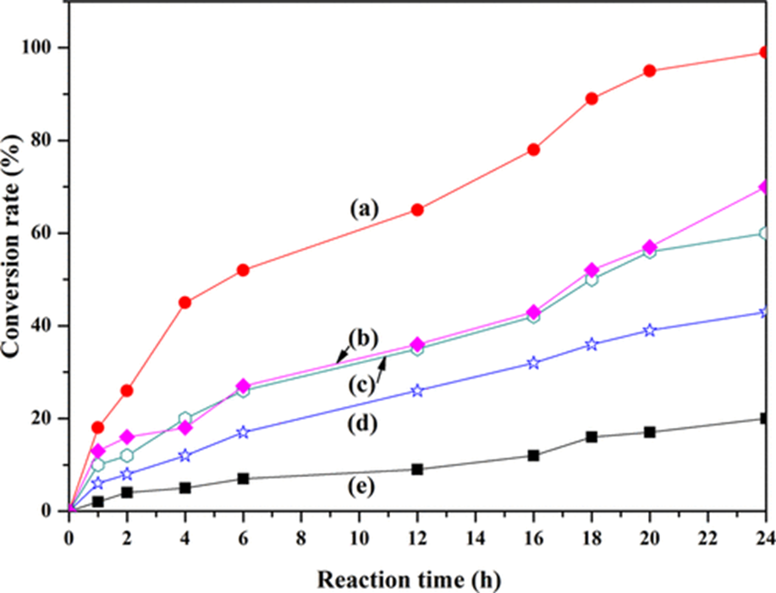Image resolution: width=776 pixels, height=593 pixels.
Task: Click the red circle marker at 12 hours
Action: coord(417,210)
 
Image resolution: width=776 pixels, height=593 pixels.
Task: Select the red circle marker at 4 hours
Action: coord(185,302)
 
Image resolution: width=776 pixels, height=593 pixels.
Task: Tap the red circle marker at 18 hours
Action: coord(592,98)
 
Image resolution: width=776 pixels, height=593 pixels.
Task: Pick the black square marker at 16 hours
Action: coord(533,455)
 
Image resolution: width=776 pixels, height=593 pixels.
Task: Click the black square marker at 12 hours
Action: coord(417,469)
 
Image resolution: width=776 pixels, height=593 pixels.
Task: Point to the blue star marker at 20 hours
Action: coord(650,330)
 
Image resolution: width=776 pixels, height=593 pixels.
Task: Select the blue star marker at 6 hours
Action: coord(243,432)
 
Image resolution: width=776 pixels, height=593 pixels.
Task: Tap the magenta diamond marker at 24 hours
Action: coord(765,187)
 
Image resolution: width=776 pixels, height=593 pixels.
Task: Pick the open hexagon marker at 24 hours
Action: coord(765,233)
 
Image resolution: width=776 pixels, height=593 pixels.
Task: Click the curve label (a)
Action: coord(367,207)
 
